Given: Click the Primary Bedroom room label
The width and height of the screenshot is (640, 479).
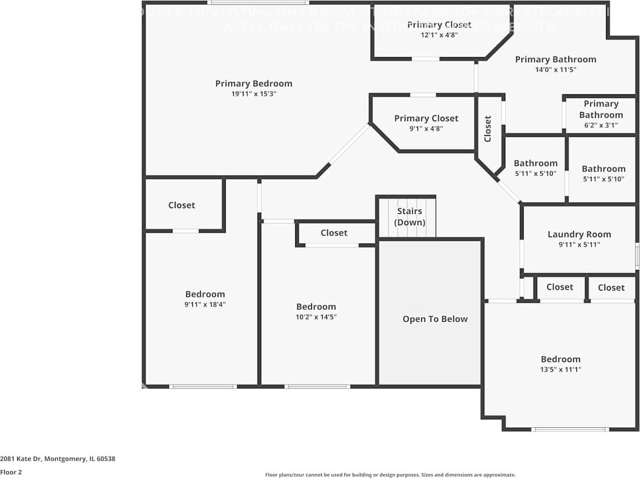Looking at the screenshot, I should pos(254,84).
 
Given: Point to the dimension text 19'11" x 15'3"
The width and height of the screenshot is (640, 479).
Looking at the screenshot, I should pos(254,94).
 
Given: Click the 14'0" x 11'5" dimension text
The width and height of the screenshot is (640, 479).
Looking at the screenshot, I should pos(555,70).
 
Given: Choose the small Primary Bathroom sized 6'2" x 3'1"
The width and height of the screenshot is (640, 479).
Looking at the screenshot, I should pos(601,114).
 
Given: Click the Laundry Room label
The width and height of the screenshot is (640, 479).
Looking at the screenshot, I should pos(579,234).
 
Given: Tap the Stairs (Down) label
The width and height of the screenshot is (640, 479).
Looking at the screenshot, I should pos(409,217).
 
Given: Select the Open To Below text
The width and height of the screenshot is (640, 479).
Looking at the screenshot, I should pos(435,319).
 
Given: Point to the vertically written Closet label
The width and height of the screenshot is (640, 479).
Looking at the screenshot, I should pos(488,129).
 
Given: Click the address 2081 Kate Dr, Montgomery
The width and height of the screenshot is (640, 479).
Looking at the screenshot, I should pos(58,459).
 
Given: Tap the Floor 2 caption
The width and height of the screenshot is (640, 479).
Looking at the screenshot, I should pos(11,472).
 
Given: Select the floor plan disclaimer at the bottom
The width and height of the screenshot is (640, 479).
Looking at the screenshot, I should pos(390,475).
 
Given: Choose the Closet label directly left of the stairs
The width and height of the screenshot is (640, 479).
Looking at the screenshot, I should pos(333,233).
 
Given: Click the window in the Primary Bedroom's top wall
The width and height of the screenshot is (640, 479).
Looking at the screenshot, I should pos(258,3).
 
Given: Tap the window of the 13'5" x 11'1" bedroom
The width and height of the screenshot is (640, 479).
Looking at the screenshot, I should pos(570,429).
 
